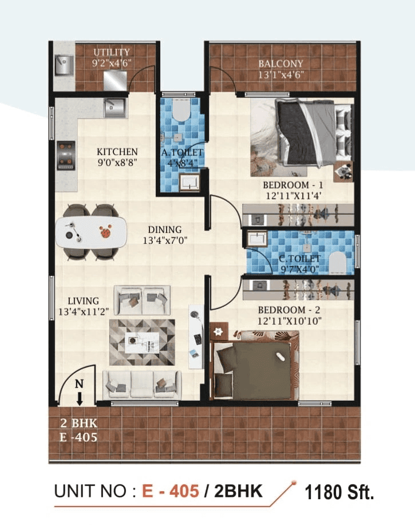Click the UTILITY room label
(x=112, y=52)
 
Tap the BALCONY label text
(x=280, y=64)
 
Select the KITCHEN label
(x=117, y=152)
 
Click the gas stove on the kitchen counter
(x=66, y=156)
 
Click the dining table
(x=91, y=231)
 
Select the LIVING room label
(x=83, y=301)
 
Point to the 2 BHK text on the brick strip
(x=79, y=424)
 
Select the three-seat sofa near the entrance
(x=142, y=383)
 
